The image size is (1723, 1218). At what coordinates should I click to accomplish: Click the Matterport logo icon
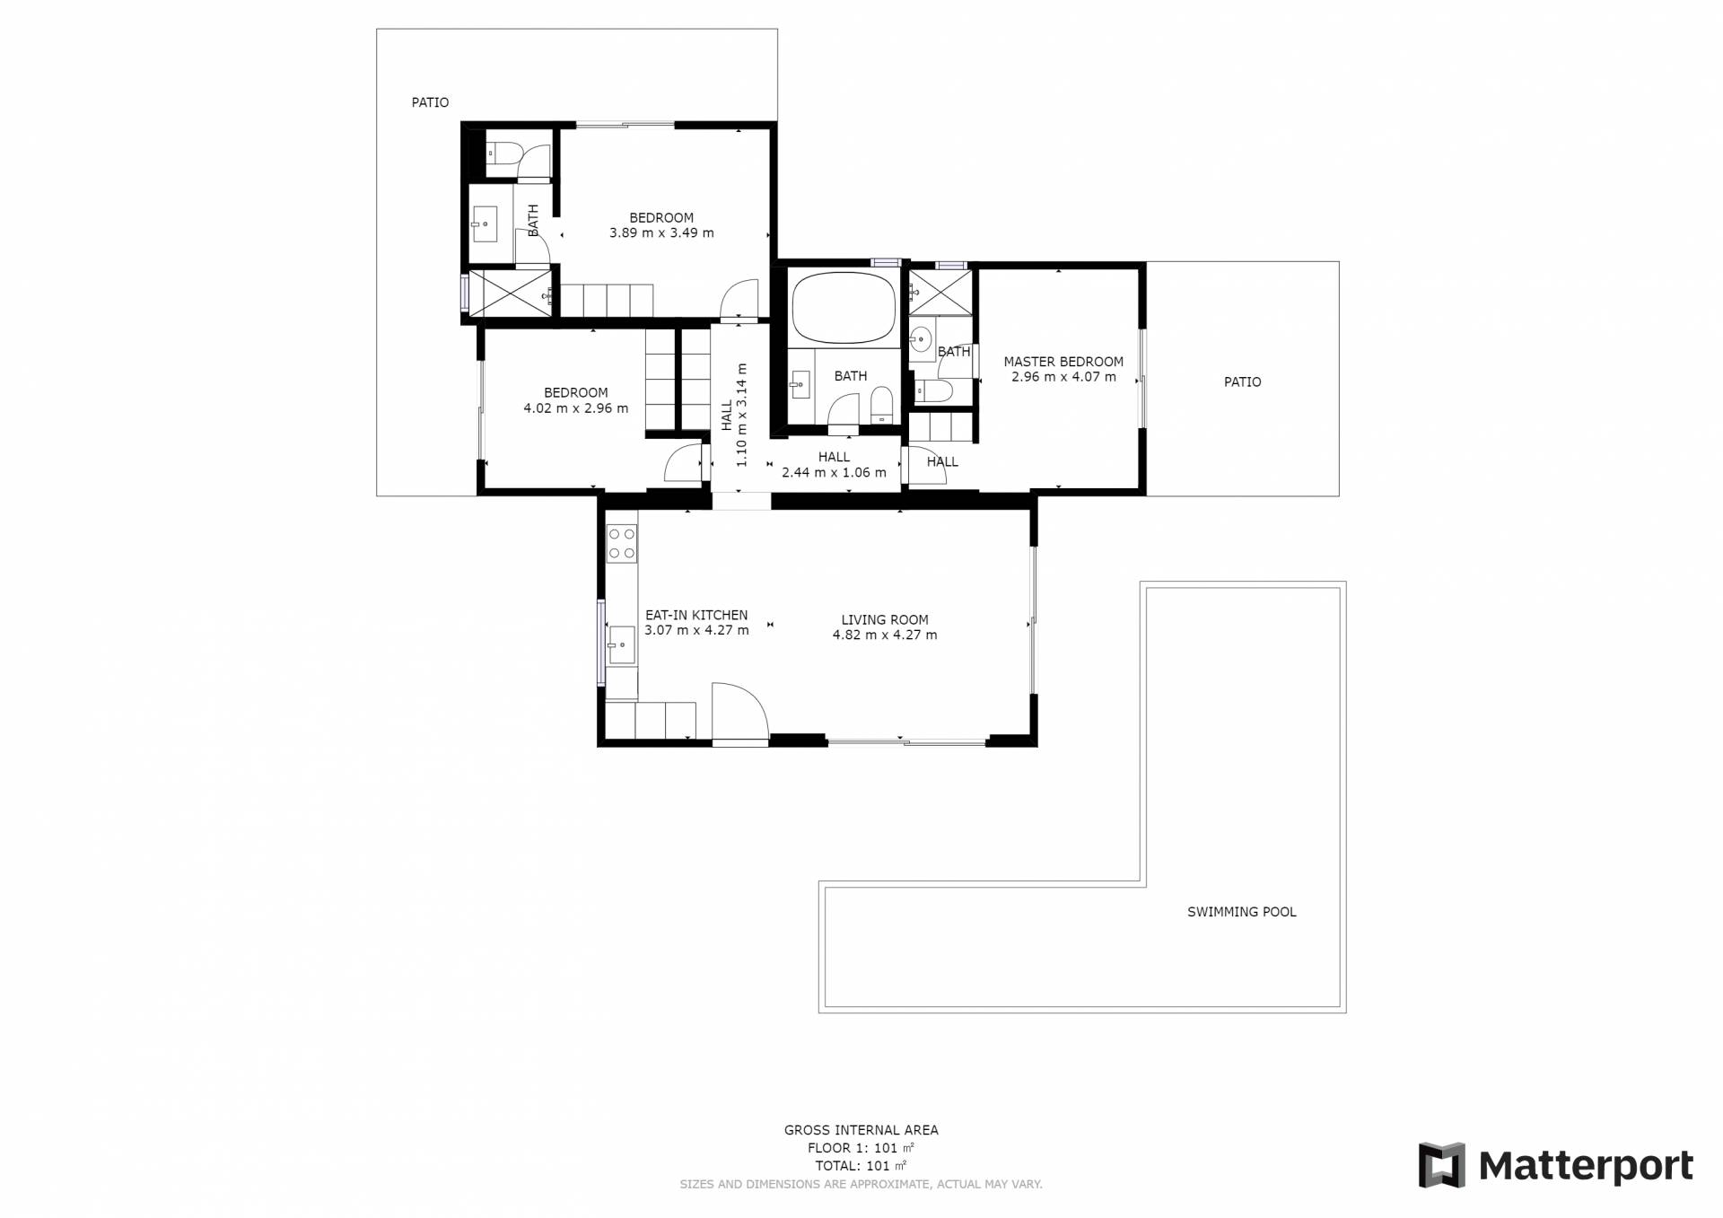1441,1165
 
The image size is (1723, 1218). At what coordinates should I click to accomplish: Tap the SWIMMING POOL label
1242,912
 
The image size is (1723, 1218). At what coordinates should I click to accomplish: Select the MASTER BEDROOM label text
1063,362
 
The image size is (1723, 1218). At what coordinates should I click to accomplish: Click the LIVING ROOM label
885,619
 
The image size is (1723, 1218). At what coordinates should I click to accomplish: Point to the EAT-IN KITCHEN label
696,615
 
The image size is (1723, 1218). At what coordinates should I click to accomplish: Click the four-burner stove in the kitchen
622,543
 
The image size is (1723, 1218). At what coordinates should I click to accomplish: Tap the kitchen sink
622,644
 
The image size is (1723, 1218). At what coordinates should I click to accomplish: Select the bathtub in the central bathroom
844,308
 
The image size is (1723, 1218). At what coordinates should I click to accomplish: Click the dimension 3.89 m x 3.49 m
661,232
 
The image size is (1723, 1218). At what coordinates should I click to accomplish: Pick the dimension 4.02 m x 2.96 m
576,408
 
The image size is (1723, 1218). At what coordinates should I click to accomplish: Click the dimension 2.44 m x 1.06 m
834,472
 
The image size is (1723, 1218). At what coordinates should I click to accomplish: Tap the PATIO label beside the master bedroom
1243,381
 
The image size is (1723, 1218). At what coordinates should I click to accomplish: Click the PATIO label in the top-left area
430,102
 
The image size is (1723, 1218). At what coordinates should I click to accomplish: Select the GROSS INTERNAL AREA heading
861,1130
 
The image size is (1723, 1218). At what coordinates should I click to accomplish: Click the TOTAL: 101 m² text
861,1166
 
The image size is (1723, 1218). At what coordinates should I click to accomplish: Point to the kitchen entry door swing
740,713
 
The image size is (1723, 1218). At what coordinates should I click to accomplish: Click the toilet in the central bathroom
882,405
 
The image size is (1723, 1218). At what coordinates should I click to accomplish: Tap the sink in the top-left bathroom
485,223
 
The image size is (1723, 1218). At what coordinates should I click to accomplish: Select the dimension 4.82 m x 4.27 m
885,635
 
